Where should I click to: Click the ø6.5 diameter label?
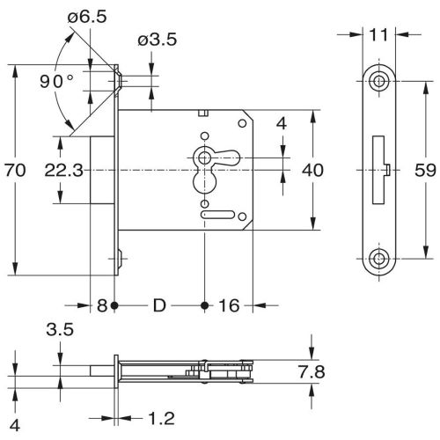(87, 17)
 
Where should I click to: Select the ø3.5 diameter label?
(158, 40)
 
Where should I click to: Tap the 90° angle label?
(56, 81)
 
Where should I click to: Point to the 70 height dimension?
(15, 170)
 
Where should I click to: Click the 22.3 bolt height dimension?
(64, 170)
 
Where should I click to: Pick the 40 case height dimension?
(312, 170)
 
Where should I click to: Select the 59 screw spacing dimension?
(425, 170)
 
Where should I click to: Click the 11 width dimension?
(378, 35)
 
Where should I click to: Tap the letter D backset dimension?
(159, 305)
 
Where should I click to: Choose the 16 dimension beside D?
(229, 305)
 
